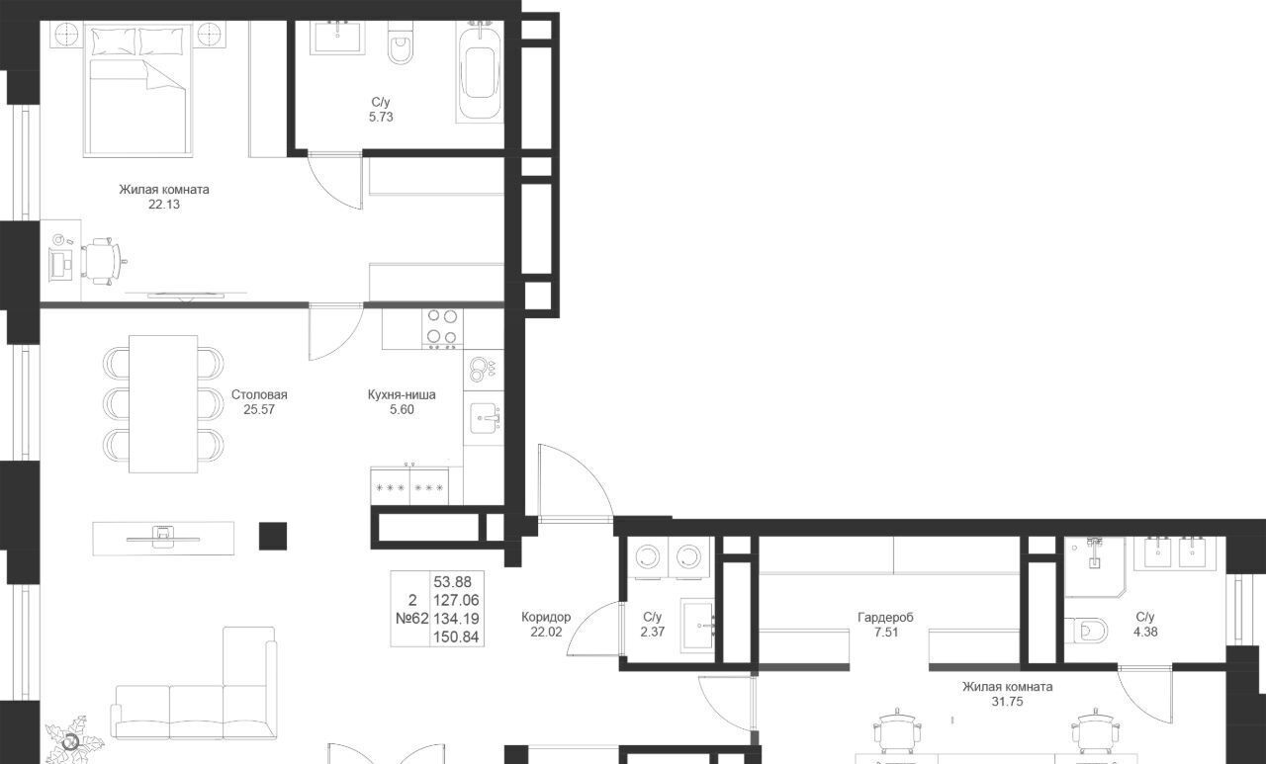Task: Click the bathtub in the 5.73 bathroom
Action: [x=480, y=72]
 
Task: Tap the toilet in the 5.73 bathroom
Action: [x=401, y=42]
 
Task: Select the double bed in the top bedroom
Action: [x=138, y=89]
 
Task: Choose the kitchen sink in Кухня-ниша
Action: [x=485, y=418]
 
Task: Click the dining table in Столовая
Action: [x=163, y=403]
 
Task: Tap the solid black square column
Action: [x=273, y=536]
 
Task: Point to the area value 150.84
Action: [x=456, y=637]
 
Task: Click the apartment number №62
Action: [x=412, y=619]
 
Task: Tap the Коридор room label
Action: [x=546, y=617]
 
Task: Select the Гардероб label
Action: [x=885, y=617]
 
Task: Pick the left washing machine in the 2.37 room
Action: [x=648, y=556]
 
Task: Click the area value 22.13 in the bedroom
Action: [x=164, y=205]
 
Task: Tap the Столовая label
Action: [x=259, y=394]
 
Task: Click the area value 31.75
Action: [x=1007, y=702]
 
